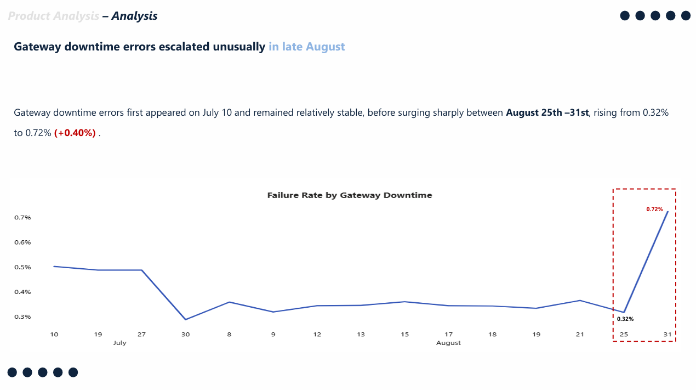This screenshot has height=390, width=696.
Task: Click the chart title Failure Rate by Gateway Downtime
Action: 349,195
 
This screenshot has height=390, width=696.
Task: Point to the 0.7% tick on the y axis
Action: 22,218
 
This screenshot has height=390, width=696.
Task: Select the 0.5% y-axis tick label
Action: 22,267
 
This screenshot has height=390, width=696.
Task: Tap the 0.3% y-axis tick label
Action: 22,317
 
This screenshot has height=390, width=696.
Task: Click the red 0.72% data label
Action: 654,210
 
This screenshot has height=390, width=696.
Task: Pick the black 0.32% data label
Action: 625,319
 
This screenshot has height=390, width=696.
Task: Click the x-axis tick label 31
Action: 668,334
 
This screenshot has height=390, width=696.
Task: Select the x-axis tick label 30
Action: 186,334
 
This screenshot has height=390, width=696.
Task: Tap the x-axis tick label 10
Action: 54,334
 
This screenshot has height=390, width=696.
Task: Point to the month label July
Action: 119,343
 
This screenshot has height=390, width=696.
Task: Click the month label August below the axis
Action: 448,343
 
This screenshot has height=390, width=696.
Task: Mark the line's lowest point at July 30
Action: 186,319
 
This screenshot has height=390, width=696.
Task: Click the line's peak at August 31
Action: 668,212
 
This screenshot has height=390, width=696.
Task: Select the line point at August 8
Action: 229,302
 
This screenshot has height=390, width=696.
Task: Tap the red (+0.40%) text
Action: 75,133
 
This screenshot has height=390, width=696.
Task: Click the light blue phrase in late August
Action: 306,47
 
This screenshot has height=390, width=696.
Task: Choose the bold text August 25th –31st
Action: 547,113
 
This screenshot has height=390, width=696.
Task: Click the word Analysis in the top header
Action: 134,16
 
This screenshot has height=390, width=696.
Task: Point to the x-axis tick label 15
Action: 404,334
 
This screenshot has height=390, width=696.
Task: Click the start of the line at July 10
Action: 54,266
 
